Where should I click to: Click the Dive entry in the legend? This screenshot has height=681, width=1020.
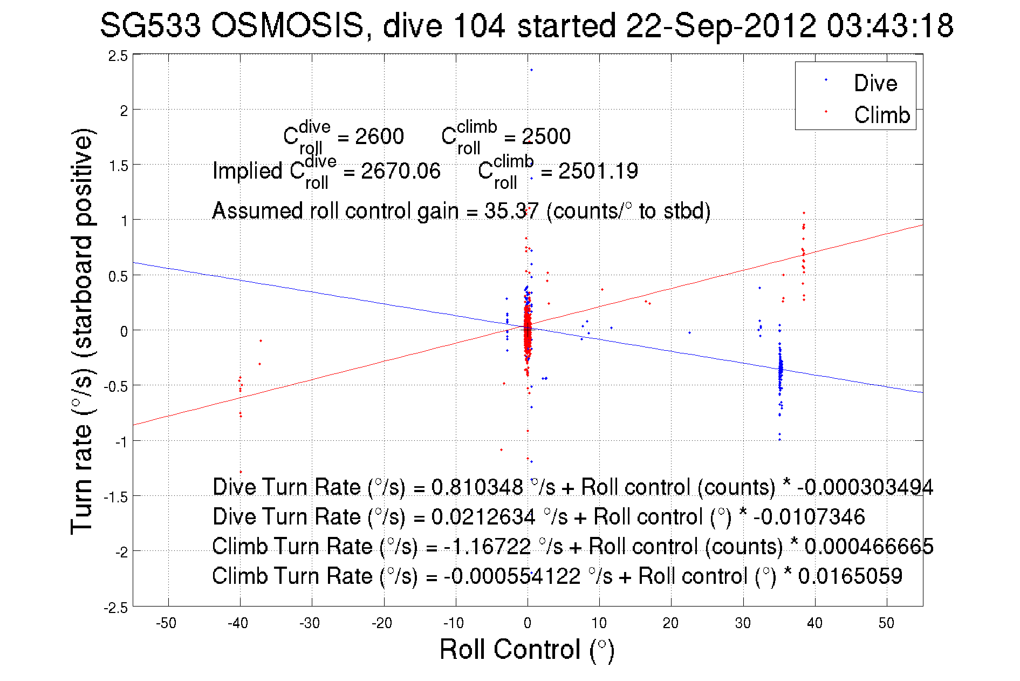click(875, 83)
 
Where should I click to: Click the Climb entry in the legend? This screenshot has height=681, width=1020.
click(881, 115)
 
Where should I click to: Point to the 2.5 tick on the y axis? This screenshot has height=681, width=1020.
click(118, 56)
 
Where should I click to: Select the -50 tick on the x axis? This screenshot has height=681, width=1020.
click(166, 623)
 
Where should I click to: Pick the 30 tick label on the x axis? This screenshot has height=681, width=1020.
click(742, 623)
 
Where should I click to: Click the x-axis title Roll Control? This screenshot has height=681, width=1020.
click(526, 649)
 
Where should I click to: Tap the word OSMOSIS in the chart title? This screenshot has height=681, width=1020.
click(287, 26)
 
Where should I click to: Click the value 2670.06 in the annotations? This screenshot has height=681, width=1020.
click(400, 172)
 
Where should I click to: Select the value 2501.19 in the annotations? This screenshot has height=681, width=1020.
click(598, 172)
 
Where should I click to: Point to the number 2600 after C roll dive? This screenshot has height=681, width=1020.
click(379, 137)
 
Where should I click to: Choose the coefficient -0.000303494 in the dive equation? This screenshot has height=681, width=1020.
click(865, 487)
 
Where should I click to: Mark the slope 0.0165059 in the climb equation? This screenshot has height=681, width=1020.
click(850, 576)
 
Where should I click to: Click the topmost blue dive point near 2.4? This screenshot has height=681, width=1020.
click(531, 70)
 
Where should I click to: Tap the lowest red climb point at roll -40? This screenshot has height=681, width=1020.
click(241, 472)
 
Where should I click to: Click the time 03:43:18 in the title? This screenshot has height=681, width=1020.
click(890, 26)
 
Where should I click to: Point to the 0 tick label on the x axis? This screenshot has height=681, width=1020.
click(527, 623)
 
